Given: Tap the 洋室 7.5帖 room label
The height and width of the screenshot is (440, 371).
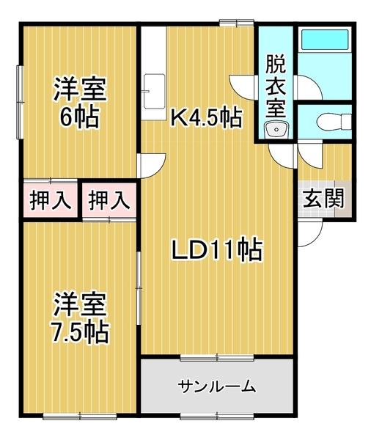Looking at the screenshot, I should pos(80,319).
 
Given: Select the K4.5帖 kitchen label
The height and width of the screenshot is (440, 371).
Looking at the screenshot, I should pos(206,117).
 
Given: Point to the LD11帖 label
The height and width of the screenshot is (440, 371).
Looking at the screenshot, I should pos(216,252).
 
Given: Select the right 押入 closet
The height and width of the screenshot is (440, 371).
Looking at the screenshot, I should pos(109,199).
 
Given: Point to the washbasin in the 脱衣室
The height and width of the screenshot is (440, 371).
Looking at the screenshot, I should pos(276,131).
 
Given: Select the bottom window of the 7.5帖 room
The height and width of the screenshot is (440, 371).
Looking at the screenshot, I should pos(79,417).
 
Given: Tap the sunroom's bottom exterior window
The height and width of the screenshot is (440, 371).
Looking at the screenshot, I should pos(217,417).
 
